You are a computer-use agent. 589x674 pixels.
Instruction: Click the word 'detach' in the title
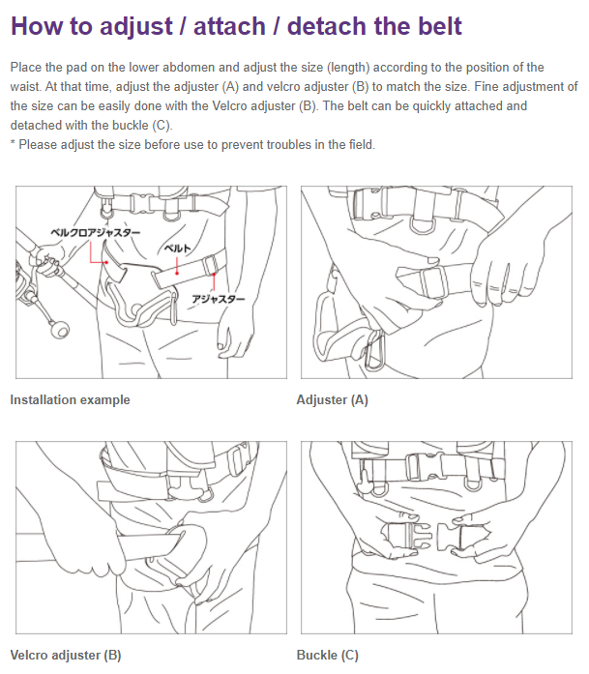(327, 26)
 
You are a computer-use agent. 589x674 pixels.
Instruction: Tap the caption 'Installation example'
(70, 399)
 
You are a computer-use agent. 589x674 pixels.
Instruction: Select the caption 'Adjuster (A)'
(333, 399)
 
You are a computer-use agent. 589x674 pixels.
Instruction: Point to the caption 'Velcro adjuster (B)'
(66, 655)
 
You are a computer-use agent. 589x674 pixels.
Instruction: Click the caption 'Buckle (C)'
(328, 655)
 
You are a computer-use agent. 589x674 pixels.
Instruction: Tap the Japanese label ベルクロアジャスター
(95, 232)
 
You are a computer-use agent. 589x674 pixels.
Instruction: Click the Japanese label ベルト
(177, 248)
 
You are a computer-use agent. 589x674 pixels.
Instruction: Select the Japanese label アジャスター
(218, 299)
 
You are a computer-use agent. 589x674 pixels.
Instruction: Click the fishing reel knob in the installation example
(58, 330)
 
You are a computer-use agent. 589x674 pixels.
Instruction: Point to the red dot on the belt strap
(177, 273)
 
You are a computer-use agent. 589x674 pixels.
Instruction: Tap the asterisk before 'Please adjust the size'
(13, 143)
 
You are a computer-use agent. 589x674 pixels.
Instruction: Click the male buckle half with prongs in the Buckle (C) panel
(405, 538)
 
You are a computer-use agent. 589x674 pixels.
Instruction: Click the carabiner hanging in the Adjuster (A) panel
(375, 350)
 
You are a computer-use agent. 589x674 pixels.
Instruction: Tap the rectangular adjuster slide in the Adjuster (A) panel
(433, 282)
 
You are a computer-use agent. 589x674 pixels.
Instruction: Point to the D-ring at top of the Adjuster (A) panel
(423, 225)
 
